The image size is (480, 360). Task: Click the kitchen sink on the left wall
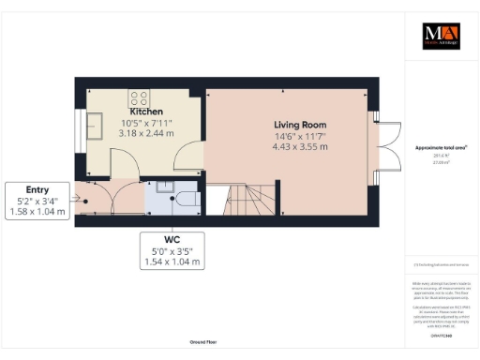pos(96,125)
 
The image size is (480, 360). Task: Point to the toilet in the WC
pos(186,198)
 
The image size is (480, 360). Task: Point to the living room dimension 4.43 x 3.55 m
pos(300,146)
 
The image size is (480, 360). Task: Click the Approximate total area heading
pos(441,148)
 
